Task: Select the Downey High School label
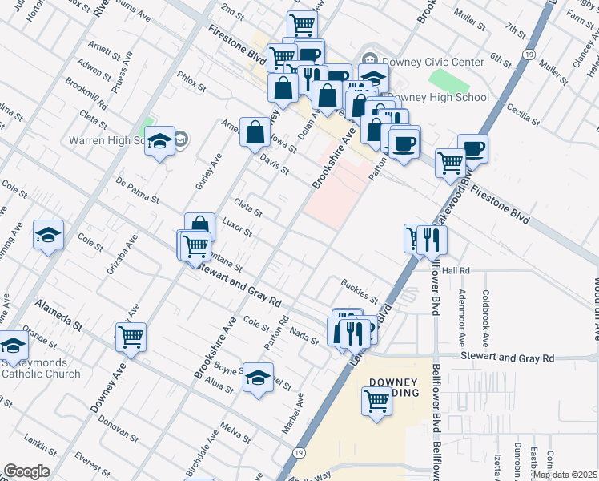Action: tap(438, 98)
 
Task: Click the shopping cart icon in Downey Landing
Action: tap(376, 400)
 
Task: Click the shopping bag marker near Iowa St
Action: tap(255, 132)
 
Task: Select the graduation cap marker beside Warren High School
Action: tap(160, 141)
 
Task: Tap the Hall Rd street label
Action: tap(455, 271)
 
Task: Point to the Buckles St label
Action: tap(358, 290)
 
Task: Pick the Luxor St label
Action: tap(238, 228)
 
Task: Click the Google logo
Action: tap(26, 471)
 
